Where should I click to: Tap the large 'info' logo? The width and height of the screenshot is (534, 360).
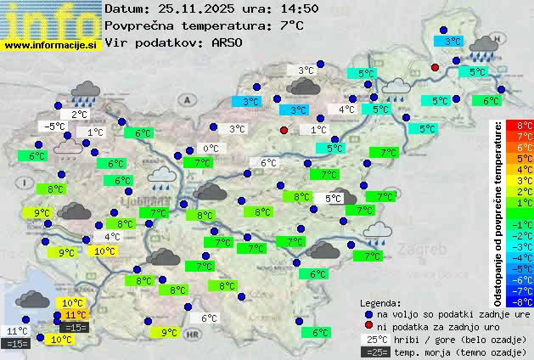(51, 20)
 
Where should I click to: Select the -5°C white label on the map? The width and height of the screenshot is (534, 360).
(56, 127)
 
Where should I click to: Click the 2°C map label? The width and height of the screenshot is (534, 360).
(79, 115)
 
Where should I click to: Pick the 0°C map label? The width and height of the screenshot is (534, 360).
(210, 149)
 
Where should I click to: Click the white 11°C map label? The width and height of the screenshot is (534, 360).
(17, 331)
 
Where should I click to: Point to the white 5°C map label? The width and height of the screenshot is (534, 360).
(333, 199)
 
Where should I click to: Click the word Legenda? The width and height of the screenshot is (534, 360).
(380, 303)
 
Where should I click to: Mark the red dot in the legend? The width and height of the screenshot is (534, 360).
(368, 326)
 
